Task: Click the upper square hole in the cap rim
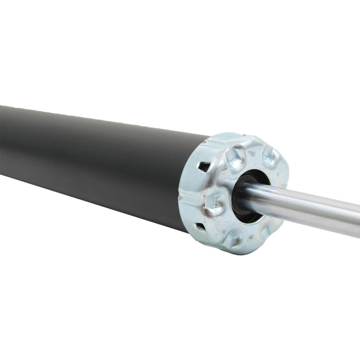coord(204,166)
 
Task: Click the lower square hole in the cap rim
coord(200,227)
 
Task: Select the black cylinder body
coord(93,161)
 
